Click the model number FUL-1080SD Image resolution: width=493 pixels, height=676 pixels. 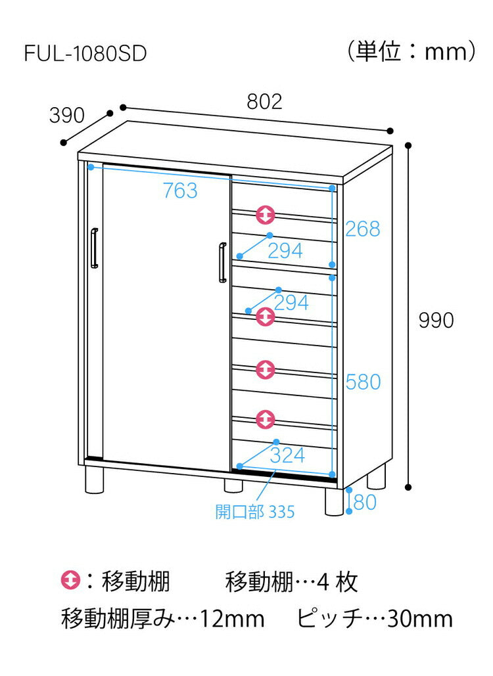(x=85, y=54)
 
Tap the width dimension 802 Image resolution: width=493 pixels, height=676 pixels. (x=264, y=101)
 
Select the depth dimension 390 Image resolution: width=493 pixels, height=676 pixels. (x=67, y=116)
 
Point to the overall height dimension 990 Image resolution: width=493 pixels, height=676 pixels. (x=437, y=320)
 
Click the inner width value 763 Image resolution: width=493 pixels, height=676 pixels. (x=180, y=191)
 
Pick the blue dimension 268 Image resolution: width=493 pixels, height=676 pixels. (x=363, y=229)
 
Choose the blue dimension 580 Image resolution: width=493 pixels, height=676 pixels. (x=363, y=382)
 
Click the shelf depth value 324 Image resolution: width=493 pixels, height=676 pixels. (x=287, y=455)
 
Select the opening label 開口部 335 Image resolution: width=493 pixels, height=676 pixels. (x=254, y=511)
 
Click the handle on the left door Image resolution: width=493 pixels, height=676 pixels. (x=95, y=248)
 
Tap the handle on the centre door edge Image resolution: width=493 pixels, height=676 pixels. (x=222, y=263)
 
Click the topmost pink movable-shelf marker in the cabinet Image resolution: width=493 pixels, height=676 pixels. (x=266, y=214)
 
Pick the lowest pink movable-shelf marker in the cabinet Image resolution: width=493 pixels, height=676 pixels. (x=266, y=418)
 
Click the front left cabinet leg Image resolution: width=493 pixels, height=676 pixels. (x=95, y=480)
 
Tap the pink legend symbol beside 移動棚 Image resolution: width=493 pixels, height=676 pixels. (x=70, y=581)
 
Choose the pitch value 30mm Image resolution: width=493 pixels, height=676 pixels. (x=419, y=618)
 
